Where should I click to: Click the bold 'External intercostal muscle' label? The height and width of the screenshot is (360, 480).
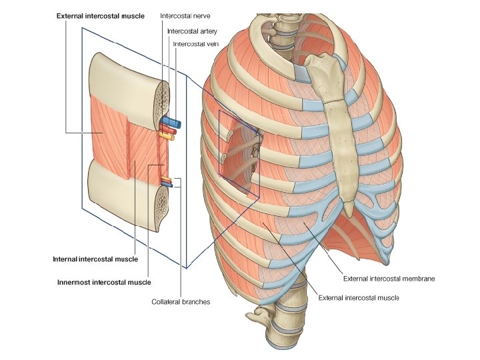click(100, 15)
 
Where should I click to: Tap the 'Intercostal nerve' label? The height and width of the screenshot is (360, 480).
click(186, 15)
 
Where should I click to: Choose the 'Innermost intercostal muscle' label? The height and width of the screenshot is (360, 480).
click(104, 282)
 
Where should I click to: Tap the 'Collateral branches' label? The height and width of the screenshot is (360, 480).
click(181, 302)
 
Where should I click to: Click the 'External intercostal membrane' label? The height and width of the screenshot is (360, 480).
click(389, 278)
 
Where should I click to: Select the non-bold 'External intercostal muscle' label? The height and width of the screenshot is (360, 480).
click(359, 297)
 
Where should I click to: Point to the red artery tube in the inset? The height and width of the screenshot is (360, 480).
click(168, 131)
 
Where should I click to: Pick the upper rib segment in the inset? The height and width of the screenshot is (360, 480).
click(127, 77)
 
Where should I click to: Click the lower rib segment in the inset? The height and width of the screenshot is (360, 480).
click(127, 193)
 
